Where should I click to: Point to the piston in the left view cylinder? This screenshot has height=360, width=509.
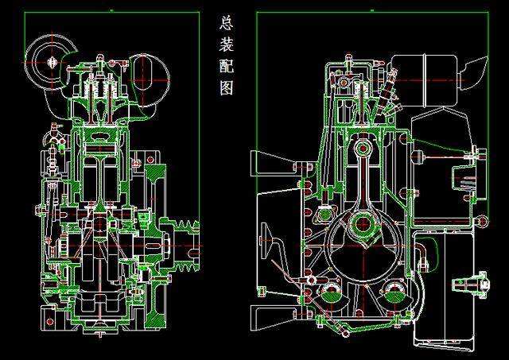coord(99,146)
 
